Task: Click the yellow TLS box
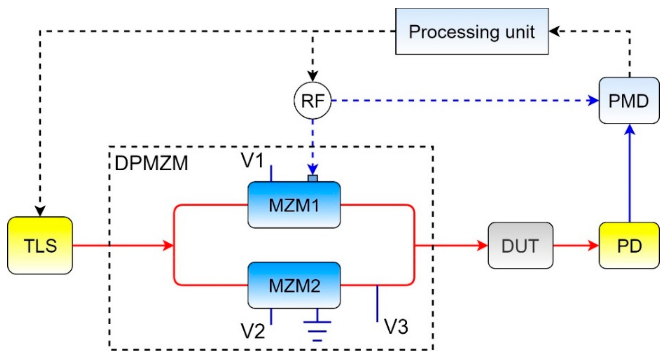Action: [x=40, y=245]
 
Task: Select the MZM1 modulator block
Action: [x=294, y=205]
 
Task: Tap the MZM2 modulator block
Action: [x=294, y=285]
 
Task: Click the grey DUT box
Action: [x=520, y=245]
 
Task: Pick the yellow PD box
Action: [x=629, y=245]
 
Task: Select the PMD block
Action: [x=629, y=100]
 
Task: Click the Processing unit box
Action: [x=472, y=31]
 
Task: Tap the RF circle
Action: [x=312, y=100]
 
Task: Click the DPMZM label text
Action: [x=151, y=163]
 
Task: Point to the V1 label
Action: [x=252, y=160]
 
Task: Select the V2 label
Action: [x=253, y=331]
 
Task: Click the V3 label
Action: [x=396, y=327]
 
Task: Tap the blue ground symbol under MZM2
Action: [x=317, y=331]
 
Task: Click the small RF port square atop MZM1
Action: [x=313, y=178]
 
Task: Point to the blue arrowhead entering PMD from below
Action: [x=630, y=130]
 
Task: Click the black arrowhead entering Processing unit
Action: [x=554, y=31]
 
